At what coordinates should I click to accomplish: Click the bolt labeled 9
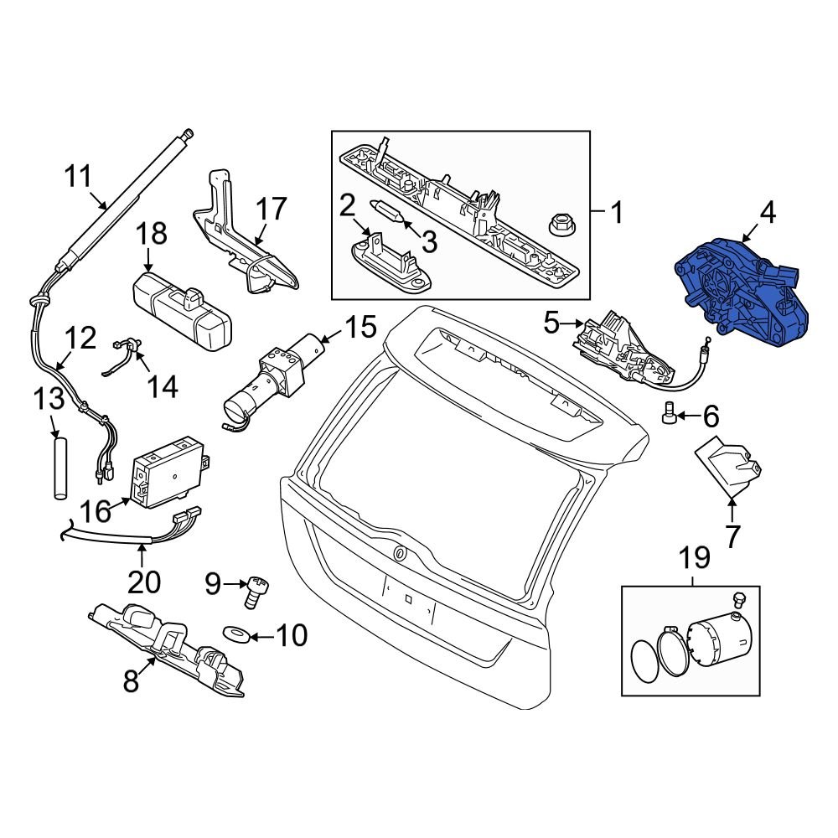(x=253, y=591)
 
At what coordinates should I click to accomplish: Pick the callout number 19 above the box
(x=694, y=556)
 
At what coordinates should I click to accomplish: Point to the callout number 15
(x=361, y=328)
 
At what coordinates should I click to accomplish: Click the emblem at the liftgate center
(x=400, y=553)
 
